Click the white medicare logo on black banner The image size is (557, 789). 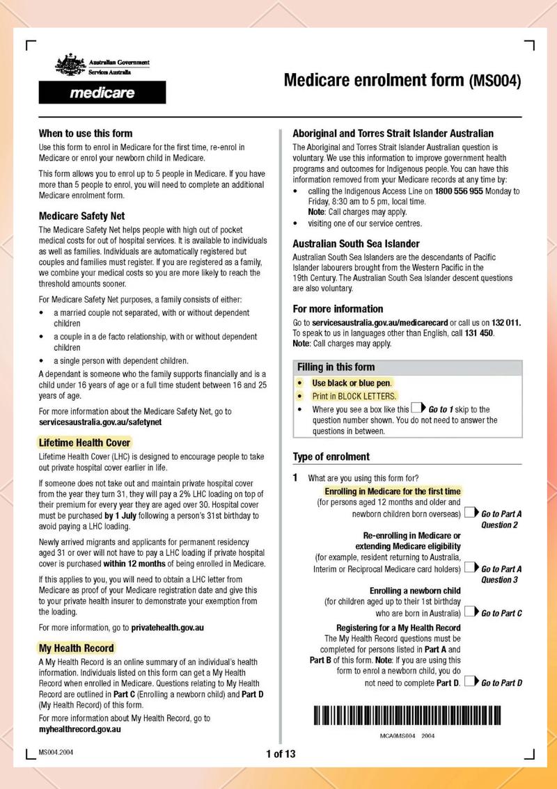[102, 93]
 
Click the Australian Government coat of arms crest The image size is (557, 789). [70, 66]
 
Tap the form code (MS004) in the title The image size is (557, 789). [495, 81]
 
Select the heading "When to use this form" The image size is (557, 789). [86, 133]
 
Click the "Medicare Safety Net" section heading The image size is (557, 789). [82, 216]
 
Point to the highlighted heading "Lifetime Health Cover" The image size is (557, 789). [84, 443]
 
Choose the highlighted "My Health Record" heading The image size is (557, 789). [77, 648]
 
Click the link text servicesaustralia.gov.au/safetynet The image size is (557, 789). [100, 422]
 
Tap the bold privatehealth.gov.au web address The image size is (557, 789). [167, 627]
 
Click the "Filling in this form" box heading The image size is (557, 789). [336, 367]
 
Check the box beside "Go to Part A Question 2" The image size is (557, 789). [470, 513]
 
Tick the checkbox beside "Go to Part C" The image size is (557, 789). [470, 612]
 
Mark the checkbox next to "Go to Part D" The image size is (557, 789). [470, 682]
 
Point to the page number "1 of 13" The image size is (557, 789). [281, 754]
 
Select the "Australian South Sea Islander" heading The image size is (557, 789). [356, 244]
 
